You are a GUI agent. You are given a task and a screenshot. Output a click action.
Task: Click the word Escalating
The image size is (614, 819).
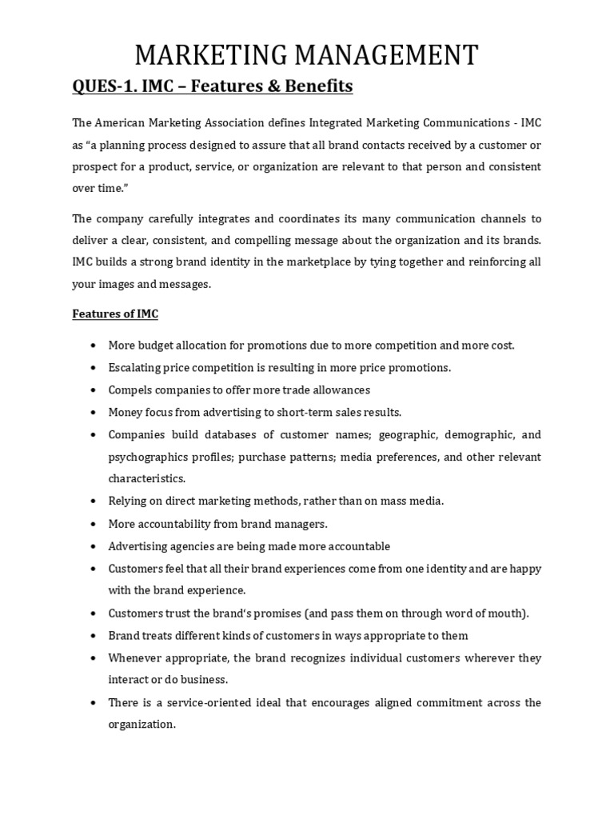(x=135, y=368)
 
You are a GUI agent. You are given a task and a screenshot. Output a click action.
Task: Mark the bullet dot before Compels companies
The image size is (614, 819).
(x=94, y=390)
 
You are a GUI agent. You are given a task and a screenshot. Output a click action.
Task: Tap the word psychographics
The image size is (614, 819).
(x=147, y=457)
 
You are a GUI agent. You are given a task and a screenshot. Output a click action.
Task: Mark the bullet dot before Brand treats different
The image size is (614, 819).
(x=94, y=636)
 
